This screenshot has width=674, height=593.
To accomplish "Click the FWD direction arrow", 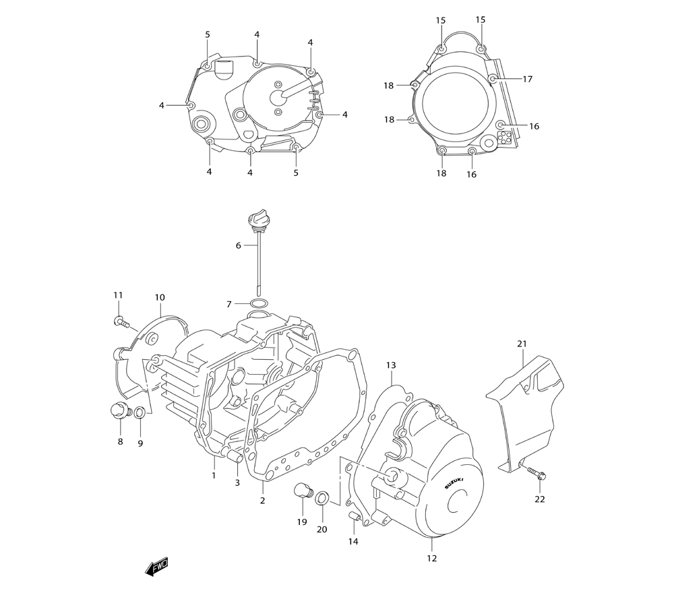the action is pos(157,567).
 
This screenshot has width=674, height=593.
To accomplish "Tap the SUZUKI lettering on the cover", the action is pos(454,483).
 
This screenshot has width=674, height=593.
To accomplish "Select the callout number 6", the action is pos(238,246).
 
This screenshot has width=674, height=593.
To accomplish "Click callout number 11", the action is pos(118,295).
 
